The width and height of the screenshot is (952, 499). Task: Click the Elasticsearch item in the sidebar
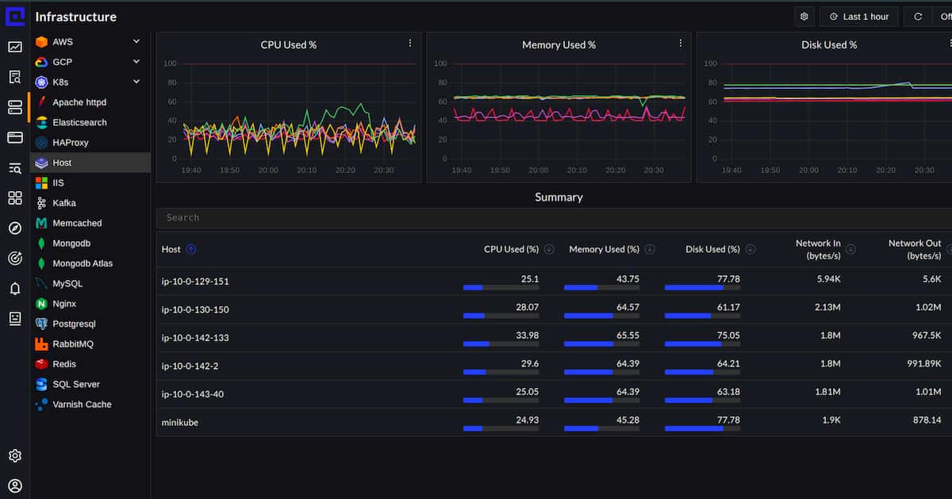coord(79,122)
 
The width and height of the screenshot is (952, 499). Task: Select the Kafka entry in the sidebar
coord(63,203)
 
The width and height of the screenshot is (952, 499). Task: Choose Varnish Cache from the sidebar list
coord(82,405)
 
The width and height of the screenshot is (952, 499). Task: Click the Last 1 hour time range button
coord(858,17)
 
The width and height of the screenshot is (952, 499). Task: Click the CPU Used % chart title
coord(288,45)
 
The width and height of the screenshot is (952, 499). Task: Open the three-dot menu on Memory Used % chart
coord(680,44)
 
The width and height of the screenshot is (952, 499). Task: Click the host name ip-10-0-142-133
coord(195,338)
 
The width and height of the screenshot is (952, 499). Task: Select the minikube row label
coord(180,423)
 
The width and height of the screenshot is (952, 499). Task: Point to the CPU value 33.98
coord(527,336)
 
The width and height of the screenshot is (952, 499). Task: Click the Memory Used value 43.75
coord(628,279)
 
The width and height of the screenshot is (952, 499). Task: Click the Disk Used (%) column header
coord(712,249)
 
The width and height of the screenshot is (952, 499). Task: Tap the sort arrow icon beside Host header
coord(190,249)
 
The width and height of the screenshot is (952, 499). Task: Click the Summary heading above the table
coord(559,197)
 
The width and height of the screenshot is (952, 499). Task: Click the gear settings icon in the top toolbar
coord(804,17)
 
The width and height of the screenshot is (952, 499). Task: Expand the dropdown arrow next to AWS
coord(136,41)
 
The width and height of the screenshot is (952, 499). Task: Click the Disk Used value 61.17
coord(727,307)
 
